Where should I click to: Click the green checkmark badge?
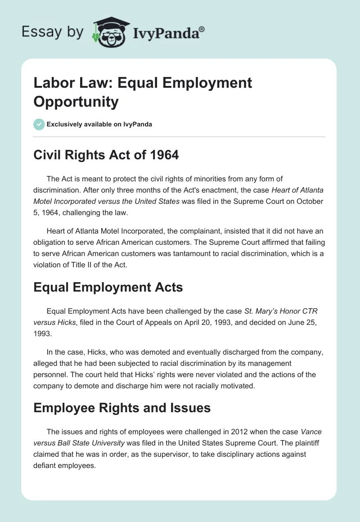[x=39, y=124]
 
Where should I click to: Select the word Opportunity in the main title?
[x=76, y=101]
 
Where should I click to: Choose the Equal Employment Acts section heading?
[x=108, y=287]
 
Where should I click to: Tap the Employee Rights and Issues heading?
[x=122, y=408]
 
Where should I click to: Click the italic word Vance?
[x=310, y=432]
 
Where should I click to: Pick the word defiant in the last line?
[x=44, y=466]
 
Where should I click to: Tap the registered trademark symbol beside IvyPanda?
[x=202, y=29]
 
